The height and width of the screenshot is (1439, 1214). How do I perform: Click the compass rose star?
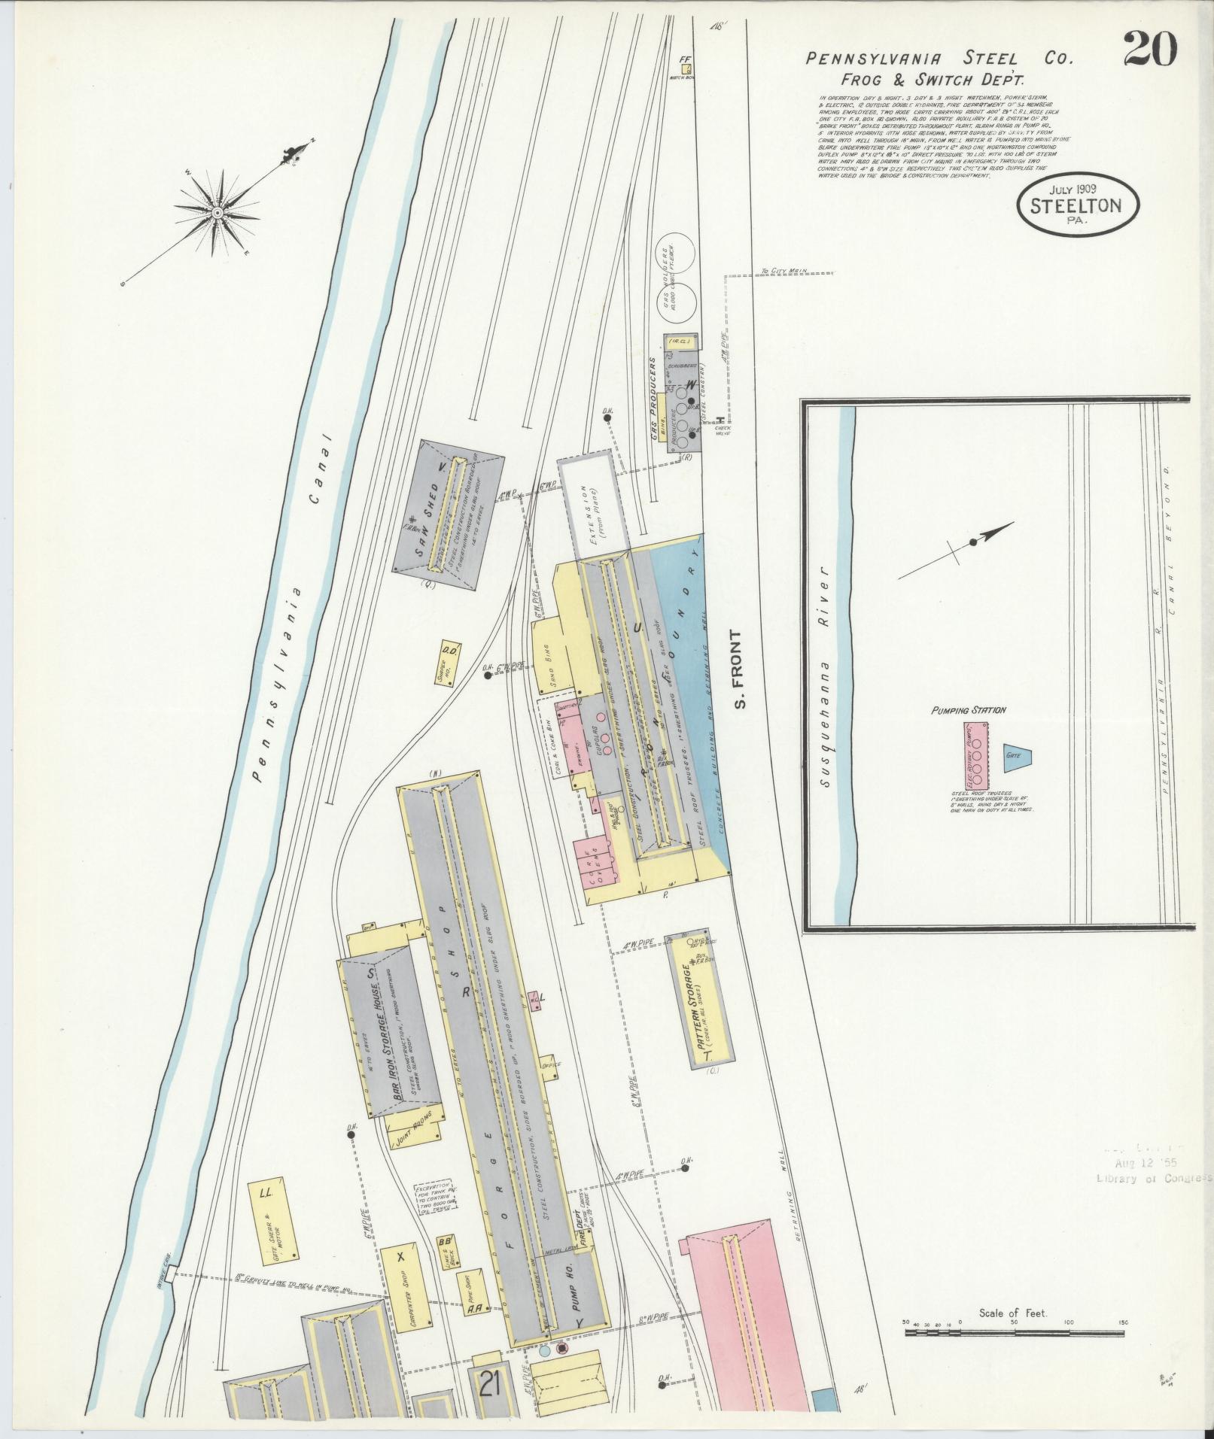(218, 213)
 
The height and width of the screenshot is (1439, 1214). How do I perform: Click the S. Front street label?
(741, 670)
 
